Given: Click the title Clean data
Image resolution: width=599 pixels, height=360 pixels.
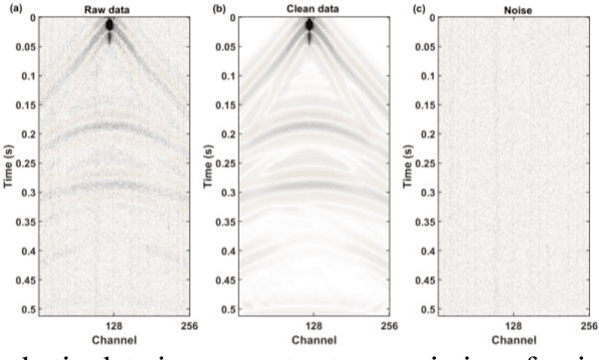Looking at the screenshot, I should (x=309, y=8).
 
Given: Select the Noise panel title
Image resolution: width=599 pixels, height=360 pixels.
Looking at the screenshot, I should (x=513, y=8).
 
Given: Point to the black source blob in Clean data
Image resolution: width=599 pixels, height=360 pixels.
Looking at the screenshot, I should (x=310, y=25).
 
